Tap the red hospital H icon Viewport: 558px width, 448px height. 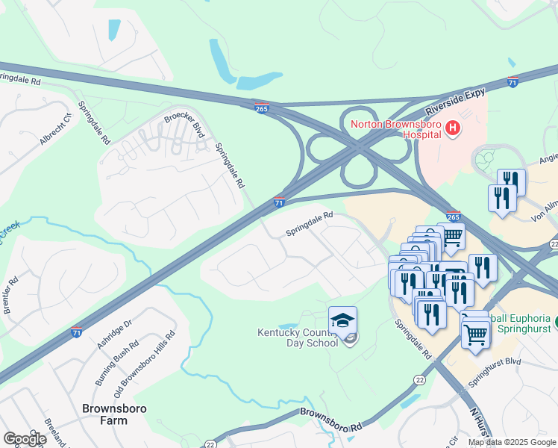click(x=451, y=130)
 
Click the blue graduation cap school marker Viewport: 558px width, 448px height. click(x=342, y=321)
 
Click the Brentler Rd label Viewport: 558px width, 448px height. click(x=10, y=295)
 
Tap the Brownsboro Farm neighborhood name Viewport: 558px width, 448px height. click(x=114, y=416)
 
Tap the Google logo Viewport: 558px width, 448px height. click(x=25, y=439)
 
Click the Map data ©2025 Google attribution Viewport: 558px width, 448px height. click(x=512, y=442)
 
